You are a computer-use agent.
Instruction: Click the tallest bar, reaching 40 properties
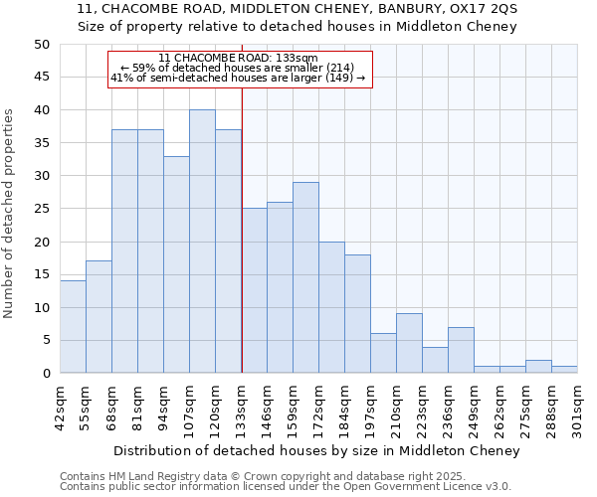tap(202, 242)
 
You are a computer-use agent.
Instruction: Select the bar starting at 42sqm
tap(73, 327)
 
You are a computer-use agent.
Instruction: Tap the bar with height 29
tap(305, 277)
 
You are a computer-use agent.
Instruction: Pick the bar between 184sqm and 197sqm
tap(357, 314)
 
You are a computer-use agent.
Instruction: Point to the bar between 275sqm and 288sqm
tap(538, 367)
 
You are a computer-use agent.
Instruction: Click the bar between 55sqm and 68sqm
tap(99, 317)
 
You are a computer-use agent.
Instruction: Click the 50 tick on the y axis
tap(42, 45)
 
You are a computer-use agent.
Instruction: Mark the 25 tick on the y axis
tap(42, 209)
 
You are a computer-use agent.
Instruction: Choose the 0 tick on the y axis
tap(46, 374)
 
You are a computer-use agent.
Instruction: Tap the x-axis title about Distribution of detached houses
tap(316, 451)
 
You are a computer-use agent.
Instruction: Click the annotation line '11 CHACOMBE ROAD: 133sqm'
tap(238, 59)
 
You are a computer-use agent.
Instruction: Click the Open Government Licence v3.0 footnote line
tap(286, 486)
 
